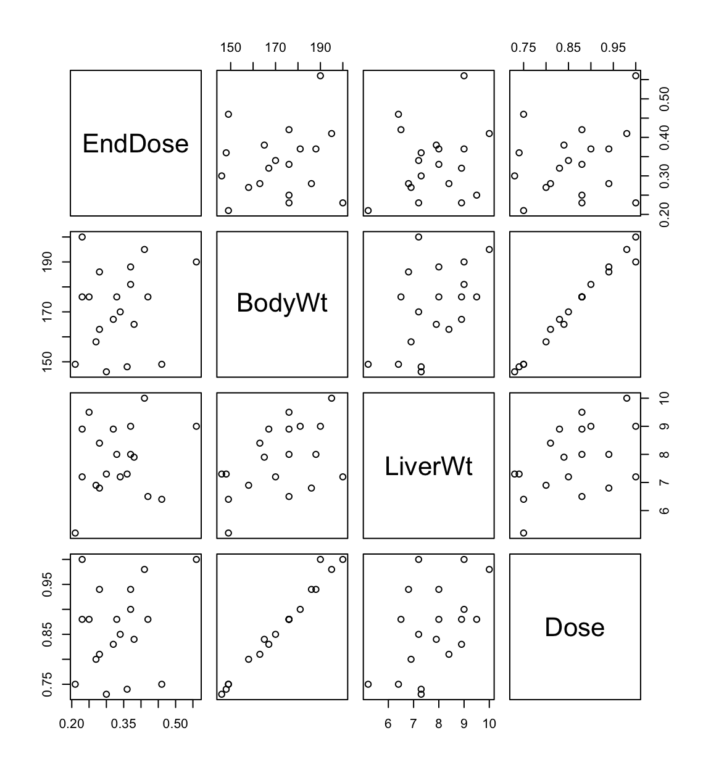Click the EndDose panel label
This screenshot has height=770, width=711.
pos(135,144)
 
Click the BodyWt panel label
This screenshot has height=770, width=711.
pos(282,303)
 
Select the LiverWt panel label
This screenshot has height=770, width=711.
pos(428,466)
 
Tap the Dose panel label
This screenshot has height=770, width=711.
pos(575,627)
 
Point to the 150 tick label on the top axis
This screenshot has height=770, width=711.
pos(231,48)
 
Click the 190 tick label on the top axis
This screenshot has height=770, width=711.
pos(320,48)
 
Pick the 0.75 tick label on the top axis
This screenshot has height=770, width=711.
pos(523,48)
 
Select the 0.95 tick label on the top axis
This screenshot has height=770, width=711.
pos(613,48)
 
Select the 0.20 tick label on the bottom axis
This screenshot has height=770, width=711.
pos(72,722)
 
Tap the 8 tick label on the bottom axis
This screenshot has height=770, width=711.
pos(439,722)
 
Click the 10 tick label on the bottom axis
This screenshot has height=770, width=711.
pos(489,722)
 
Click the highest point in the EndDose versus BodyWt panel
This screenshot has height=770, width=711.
pos(320,76)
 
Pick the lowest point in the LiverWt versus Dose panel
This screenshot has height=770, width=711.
pos(523,533)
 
